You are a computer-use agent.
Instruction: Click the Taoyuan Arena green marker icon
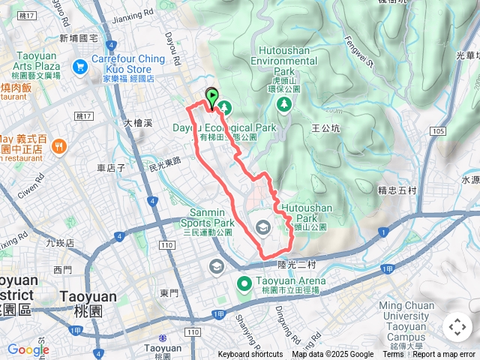click(x=244, y=283)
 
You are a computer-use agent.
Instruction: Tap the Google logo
click(x=28, y=349)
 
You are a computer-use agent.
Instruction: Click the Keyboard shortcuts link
click(x=250, y=355)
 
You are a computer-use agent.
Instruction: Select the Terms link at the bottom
click(x=393, y=355)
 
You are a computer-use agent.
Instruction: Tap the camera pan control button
click(x=457, y=327)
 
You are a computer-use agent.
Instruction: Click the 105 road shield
click(x=439, y=132)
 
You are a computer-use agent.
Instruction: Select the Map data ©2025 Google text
click(x=332, y=355)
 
